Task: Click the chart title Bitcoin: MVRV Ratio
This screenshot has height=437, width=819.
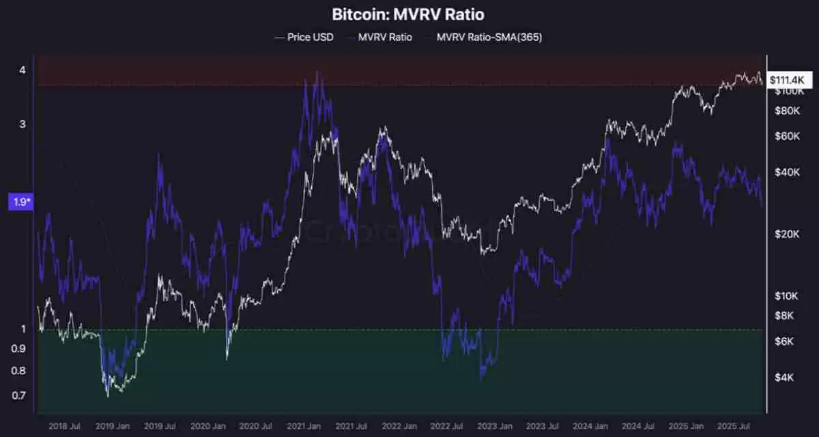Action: tap(409, 14)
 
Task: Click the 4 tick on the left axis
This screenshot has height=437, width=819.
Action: tap(23, 70)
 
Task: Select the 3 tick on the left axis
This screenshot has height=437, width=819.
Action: tap(23, 124)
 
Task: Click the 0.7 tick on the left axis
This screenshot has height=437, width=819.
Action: tap(19, 395)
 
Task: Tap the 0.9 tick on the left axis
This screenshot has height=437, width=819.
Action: tap(19, 348)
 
